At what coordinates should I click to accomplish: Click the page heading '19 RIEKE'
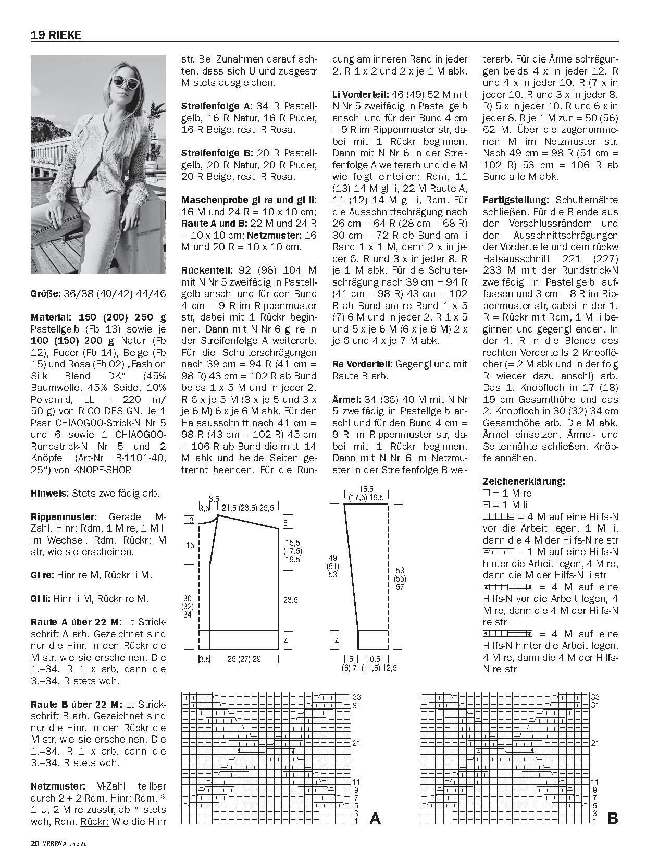coord(56,35)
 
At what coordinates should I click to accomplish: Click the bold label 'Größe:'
coord(45,293)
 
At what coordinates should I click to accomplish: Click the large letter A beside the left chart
coord(375,819)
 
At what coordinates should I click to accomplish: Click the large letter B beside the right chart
coord(613,819)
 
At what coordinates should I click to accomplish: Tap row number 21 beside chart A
coord(357,743)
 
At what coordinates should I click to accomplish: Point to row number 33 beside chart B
coord(595,697)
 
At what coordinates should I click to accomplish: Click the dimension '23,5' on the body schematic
coord(291,600)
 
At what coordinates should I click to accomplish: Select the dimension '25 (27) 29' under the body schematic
coord(244,659)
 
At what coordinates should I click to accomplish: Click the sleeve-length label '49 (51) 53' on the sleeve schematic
coord(332,566)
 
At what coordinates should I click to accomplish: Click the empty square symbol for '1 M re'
coord(487,493)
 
